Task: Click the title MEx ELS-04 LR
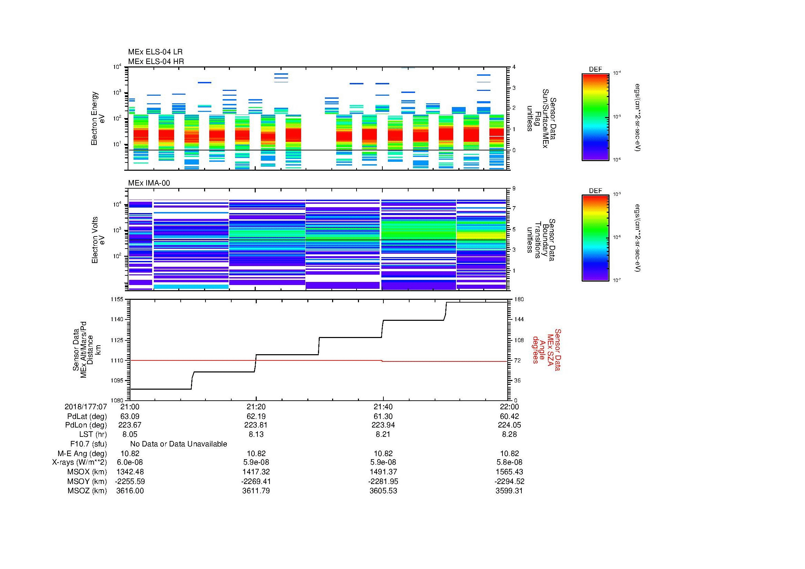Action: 155,52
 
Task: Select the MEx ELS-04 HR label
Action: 156,61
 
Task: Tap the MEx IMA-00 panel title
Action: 149,183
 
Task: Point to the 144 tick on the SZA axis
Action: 518,319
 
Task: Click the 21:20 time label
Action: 256,407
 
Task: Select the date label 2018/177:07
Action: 86,407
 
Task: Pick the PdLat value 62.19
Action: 256,417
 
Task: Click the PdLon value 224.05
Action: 509,425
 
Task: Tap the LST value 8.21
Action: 383,434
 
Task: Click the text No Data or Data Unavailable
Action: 179,444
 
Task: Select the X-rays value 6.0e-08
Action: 130,462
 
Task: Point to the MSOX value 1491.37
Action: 383,472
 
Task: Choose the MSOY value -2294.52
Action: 509,481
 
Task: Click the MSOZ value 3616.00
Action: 130,491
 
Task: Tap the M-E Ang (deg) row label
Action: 82,453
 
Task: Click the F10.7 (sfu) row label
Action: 88,444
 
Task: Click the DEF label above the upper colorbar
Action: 595,70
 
